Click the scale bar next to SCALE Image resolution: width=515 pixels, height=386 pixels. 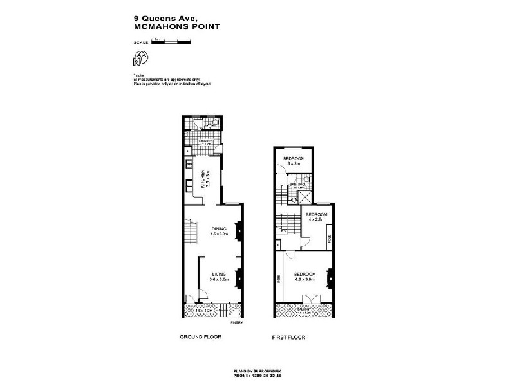[171, 42]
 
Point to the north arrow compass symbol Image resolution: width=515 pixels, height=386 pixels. [140, 59]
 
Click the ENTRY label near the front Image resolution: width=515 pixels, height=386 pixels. [236, 324]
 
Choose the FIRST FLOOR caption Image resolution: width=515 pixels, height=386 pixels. [289, 337]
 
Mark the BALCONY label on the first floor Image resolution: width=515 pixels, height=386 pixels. [304, 310]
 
